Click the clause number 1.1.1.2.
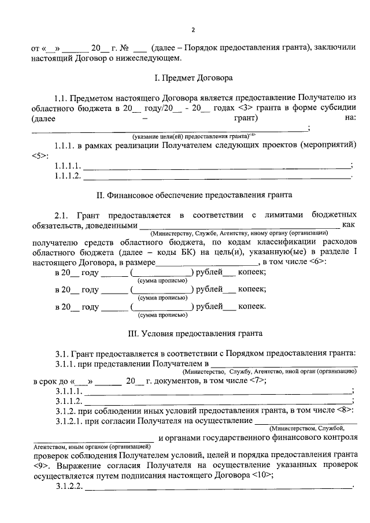coord(68,176)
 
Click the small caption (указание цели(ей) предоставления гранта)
coord(191,136)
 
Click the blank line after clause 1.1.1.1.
coord(217,166)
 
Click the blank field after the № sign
coord(139,49)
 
